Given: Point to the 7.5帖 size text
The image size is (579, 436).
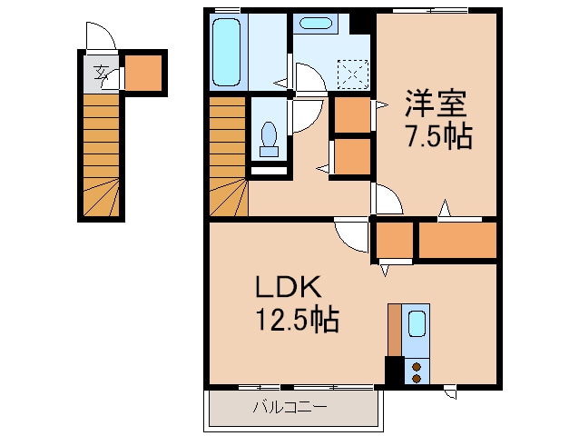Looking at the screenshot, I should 437,137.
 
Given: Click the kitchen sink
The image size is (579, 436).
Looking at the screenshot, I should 417,324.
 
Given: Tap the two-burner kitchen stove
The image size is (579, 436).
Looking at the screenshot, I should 417,371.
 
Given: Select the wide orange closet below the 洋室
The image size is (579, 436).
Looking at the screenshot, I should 456,241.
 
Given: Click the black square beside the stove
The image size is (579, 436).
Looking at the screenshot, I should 394,371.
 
